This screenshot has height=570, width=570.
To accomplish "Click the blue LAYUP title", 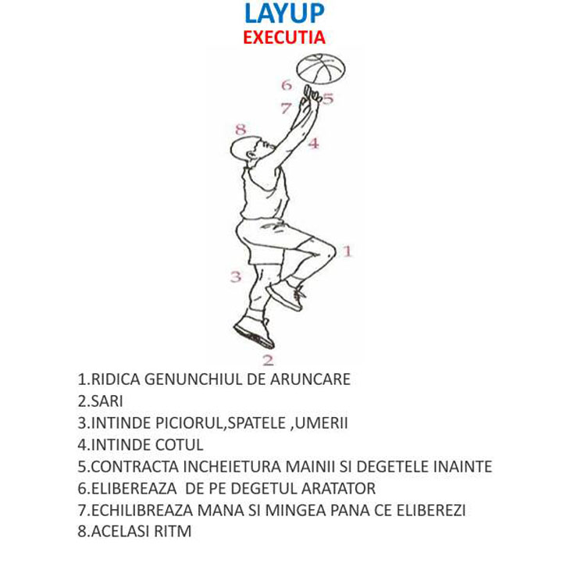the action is pyautogui.click(x=284, y=13).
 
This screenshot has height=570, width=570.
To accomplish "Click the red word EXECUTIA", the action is pyautogui.click(x=284, y=37).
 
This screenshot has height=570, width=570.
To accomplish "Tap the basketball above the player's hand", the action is pyautogui.click(x=321, y=69).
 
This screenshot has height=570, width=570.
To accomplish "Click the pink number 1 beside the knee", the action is pyautogui.click(x=347, y=251).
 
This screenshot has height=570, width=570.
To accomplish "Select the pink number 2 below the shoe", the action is pyautogui.click(x=269, y=360).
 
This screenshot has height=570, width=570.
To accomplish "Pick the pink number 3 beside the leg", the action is pyautogui.click(x=236, y=276).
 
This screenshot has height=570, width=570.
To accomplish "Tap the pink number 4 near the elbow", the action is pyautogui.click(x=314, y=144).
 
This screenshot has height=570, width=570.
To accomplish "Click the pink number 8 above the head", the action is pyautogui.click(x=240, y=129).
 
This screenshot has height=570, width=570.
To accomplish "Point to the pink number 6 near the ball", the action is pyautogui.click(x=287, y=85).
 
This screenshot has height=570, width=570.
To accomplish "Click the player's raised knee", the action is pyautogui.click(x=328, y=251).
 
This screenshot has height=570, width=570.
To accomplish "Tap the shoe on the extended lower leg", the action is pyautogui.click(x=255, y=333).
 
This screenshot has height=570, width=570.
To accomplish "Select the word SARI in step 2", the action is pyautogui.click(x=107, y=401).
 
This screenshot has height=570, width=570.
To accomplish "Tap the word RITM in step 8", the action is pyautogui.click(x=173, y=531).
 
